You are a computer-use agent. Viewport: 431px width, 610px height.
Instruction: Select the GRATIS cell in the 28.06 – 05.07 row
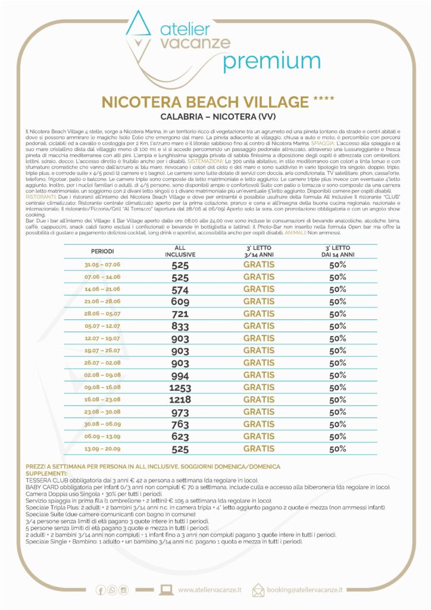(x=259, y=314)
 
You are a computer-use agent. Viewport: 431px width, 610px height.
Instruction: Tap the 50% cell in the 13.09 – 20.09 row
(x=338, y=449)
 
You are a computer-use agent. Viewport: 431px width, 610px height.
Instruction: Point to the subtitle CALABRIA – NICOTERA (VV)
(x=215, y=117)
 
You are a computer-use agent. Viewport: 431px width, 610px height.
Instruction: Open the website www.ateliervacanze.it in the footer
(x=210, y=590)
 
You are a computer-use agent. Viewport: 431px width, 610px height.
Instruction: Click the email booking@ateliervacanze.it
(x=305, y=590)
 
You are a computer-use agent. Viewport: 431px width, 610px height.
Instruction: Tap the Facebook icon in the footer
(x=101, y=590)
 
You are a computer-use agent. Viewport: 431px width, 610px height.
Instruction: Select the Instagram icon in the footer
(x=124, y=590)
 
